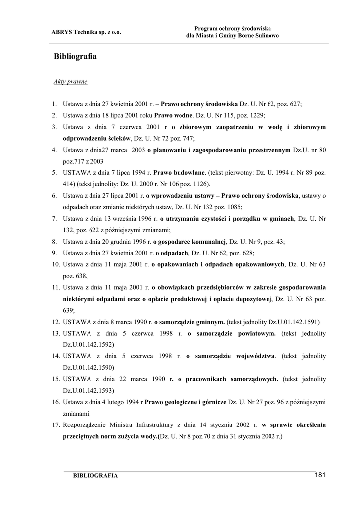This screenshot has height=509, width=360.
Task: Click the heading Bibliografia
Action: coord(75,57)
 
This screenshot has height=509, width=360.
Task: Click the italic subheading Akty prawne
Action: coord(70,81)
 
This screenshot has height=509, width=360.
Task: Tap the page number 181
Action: coord(320,475)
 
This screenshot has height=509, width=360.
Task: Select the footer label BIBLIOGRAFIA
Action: coord(95,476)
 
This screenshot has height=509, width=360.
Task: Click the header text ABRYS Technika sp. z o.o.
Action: coord(87,32)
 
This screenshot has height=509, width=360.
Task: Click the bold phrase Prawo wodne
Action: coord(174,115)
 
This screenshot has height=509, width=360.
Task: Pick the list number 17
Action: coord(56,425)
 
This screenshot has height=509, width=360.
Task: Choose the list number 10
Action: coord(56,264)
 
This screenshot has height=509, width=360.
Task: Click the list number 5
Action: coord(54,173)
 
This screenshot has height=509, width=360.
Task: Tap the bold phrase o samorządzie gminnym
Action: coord(190,322)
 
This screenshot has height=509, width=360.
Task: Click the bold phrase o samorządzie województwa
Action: coord(231,356)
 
